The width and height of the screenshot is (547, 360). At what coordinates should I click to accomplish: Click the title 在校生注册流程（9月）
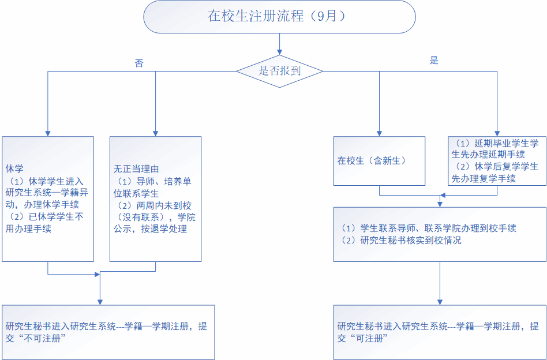point(279,16)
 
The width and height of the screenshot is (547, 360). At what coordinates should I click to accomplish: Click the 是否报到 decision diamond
point(279,71)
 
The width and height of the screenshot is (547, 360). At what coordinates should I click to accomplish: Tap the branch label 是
point(434,60)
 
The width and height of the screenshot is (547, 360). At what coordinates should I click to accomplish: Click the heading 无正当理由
point(136,169)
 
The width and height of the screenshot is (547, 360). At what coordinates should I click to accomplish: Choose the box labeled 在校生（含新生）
point(379,160)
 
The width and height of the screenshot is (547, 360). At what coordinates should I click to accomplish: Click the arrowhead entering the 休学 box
point(47,133)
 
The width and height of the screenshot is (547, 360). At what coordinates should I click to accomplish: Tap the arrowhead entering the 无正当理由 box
point(155,133)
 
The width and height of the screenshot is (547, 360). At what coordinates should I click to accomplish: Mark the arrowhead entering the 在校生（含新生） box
point(379,133)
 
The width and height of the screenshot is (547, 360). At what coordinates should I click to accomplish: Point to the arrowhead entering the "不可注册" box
point(100,301)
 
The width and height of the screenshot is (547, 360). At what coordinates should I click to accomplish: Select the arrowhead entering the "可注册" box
point(440,301)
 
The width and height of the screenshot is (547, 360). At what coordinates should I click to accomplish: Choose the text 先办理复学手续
point(484,178)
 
